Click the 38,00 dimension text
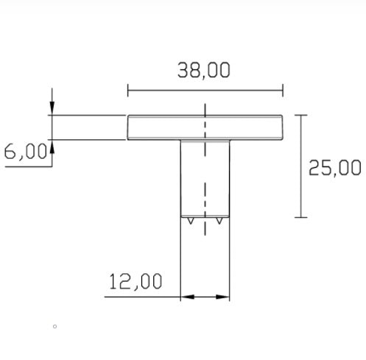click(204, 71)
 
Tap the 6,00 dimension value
click(26, 151)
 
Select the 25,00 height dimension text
click(334, 168)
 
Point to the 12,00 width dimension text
click(136, 281)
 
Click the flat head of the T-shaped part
click(205, 127)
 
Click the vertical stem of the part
click(205, 178)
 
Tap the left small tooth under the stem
click(191, 221)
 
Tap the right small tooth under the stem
click(219, 221)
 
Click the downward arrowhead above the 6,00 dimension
click(52, 107)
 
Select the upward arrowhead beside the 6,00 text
click(52, 147)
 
